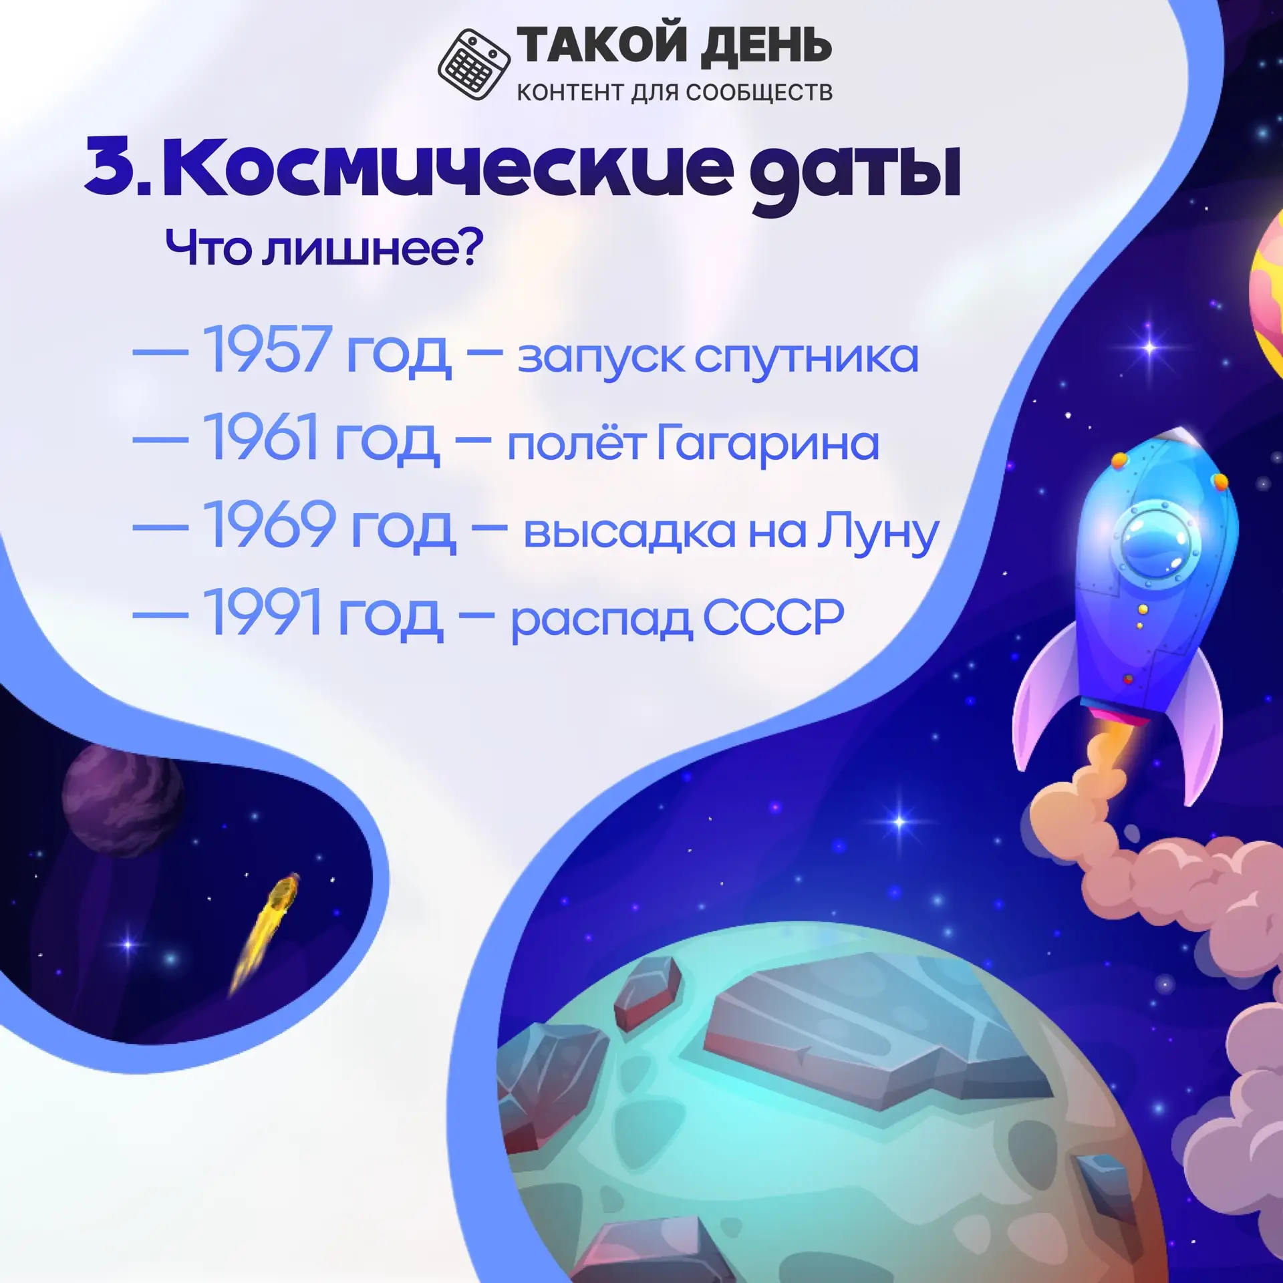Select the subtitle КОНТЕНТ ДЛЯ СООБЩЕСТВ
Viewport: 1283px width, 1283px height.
(675, 92)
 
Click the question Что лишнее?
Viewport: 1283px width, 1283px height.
(323, 247)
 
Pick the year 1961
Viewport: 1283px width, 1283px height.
(261, 436)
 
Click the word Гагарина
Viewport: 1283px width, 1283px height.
(768, 444)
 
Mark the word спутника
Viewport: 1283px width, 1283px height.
(807, 358)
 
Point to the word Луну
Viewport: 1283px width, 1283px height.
(878, 533)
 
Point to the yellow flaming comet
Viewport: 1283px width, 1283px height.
(264, 932)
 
